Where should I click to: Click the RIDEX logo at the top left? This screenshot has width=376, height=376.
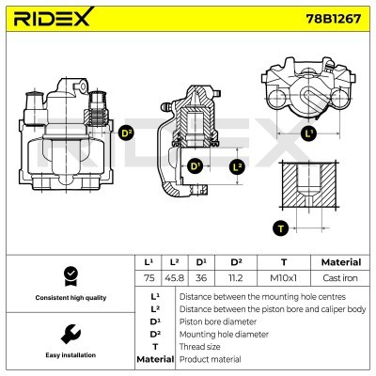(53, 18)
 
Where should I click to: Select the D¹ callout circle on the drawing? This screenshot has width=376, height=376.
(196, 166)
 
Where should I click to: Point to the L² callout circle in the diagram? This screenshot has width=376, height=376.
(236, 166)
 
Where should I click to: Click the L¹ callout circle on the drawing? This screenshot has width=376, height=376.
(310, 133)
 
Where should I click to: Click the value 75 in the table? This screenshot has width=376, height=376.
(148, 277)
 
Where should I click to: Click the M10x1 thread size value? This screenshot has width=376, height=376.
(281, 277)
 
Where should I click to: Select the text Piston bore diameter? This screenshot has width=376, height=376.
(218, 320)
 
